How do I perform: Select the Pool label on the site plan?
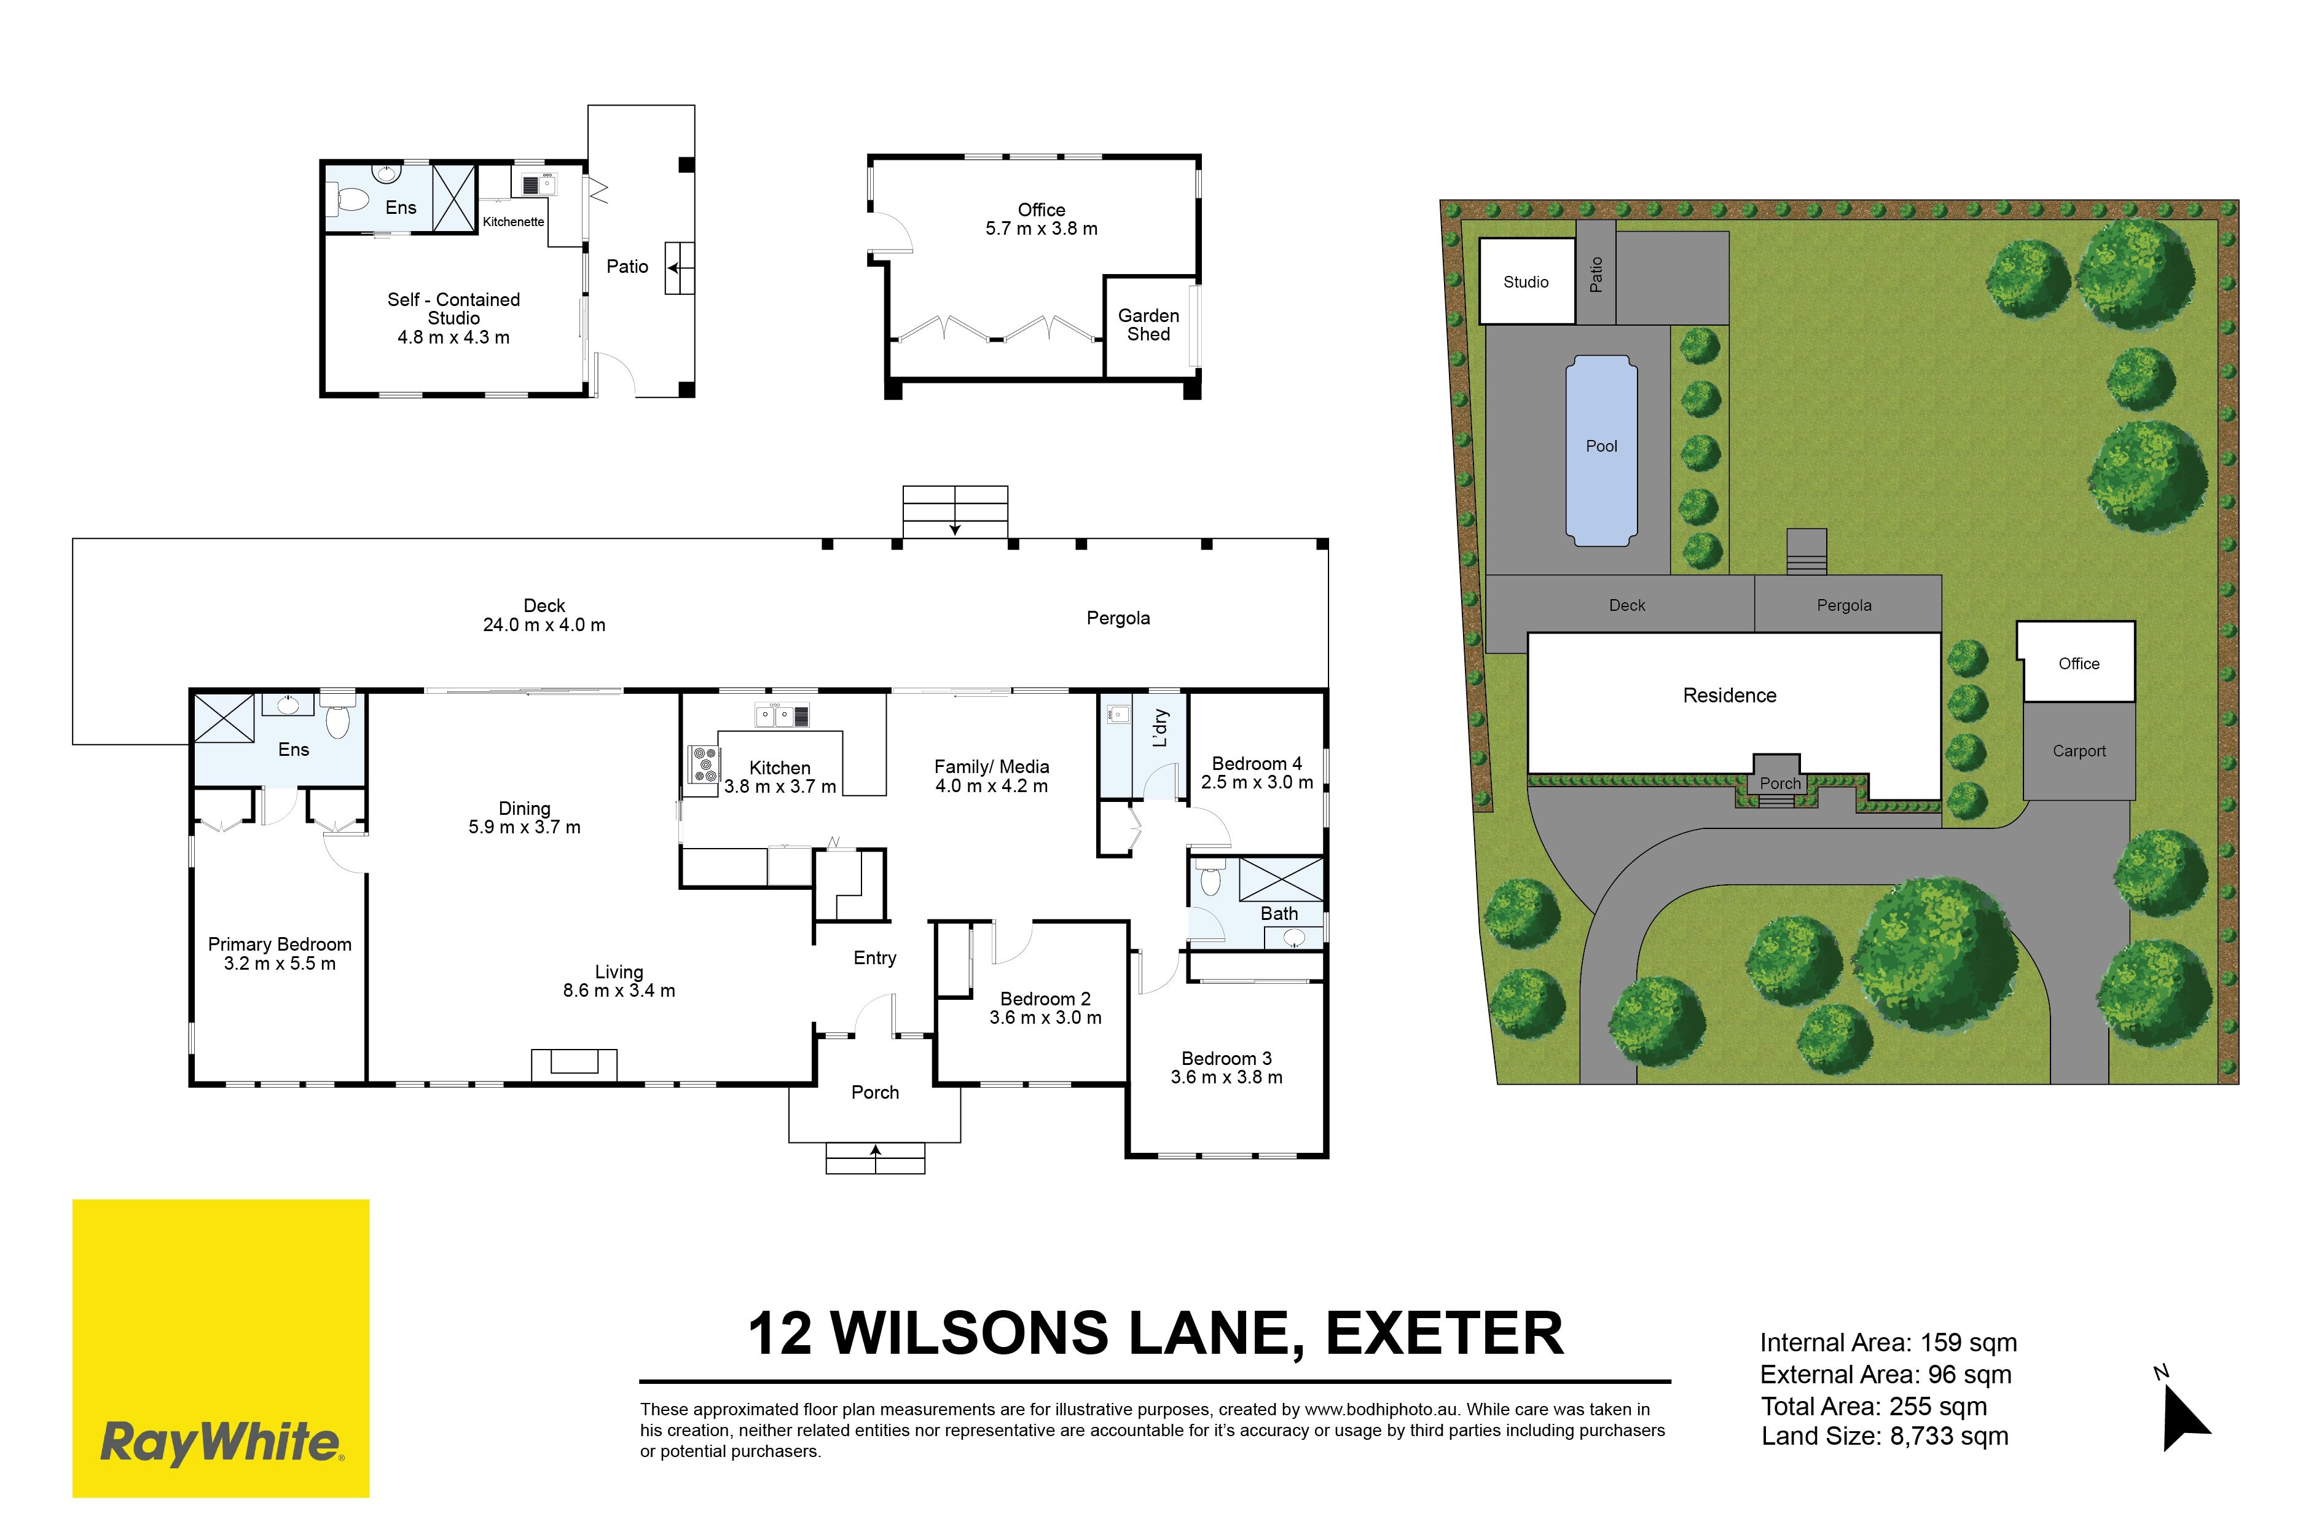1601,446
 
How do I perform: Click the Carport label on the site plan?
2079,750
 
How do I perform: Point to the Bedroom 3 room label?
1226,1067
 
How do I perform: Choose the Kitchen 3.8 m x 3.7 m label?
779,777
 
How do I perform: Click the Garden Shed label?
1148,324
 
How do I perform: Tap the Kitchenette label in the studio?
513,222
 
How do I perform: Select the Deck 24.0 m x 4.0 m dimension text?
544,615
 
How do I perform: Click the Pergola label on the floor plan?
1118,618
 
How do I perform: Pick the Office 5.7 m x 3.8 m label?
1042,219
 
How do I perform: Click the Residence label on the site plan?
1730,695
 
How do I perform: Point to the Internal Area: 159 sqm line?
1888,1342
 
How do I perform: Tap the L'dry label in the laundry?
1159,728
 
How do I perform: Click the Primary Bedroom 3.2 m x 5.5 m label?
280,954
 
